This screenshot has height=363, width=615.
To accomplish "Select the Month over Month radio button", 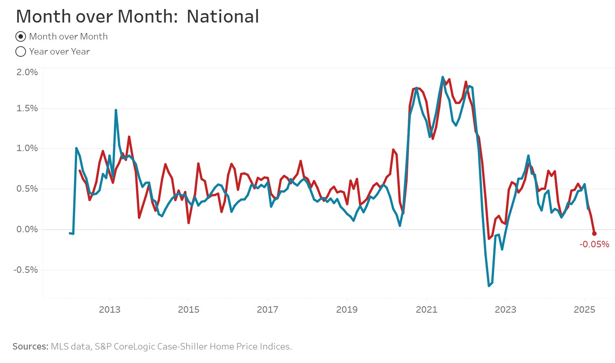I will pos(21,36).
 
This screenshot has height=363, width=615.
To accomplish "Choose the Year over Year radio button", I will pos(21,51).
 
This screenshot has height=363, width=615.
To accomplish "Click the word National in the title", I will pos(223,17).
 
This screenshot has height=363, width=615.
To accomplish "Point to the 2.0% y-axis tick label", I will pos(27,72).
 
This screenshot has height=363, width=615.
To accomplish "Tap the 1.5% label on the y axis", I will pos(27,108).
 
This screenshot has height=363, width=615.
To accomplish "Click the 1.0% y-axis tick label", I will pos(27,148).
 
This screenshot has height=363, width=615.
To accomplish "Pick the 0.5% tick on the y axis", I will pos(27,189).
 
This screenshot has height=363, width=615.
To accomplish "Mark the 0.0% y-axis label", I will pos(27,229).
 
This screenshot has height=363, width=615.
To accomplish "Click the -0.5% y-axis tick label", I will pos(26,270).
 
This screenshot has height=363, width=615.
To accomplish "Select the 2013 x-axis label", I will pos(109,310).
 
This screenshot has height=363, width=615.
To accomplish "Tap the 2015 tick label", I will pos(188,310).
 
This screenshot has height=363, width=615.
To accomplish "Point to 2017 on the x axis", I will pos(267,310).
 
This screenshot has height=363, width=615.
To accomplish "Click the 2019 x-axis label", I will pos(347,310).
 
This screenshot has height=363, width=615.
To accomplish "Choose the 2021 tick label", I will pos(426,310).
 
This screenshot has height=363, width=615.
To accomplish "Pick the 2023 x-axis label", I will pos(505,310).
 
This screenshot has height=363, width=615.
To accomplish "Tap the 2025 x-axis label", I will pos(584,310).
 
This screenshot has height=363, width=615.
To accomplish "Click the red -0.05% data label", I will pos(594,244).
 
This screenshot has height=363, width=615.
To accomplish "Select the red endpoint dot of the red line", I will pos(594,233).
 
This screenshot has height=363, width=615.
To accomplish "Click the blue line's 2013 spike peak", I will pos(116,110).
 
